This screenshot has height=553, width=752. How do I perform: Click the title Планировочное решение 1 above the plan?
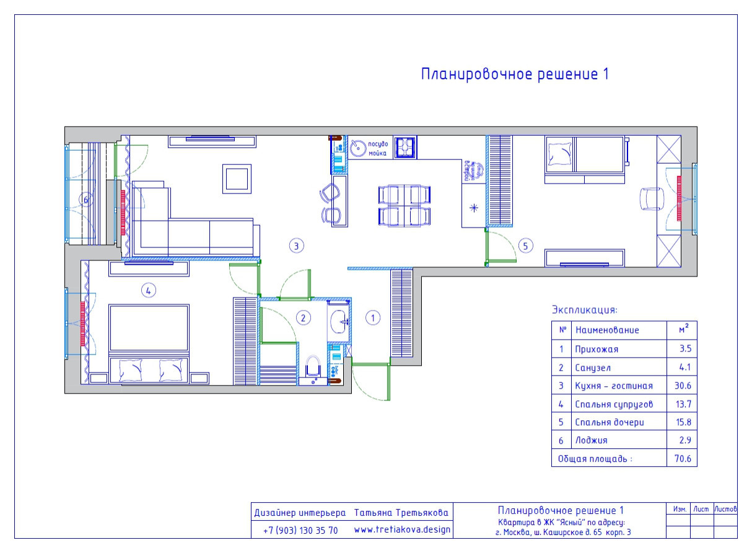515,74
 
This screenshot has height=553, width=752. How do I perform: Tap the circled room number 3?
296,246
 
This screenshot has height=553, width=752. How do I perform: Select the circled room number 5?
525,246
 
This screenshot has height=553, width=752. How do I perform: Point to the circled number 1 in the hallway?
372,317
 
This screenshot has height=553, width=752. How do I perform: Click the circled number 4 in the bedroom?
147,289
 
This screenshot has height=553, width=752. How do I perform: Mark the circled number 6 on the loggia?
86,200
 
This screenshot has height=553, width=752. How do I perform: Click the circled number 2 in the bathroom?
303,318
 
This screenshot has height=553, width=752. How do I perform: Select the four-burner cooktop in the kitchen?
405,148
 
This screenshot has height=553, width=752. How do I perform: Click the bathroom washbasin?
338,321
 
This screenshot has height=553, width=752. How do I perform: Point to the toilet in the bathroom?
313,367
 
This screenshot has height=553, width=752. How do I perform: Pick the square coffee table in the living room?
237,179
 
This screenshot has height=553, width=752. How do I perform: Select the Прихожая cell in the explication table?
597,349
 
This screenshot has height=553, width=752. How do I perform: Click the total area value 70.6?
682,459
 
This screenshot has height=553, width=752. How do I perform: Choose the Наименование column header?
606,330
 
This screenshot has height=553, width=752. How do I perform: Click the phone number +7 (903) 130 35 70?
300,531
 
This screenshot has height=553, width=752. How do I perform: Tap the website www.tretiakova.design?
402,530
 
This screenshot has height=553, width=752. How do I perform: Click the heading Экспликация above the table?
584,309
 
